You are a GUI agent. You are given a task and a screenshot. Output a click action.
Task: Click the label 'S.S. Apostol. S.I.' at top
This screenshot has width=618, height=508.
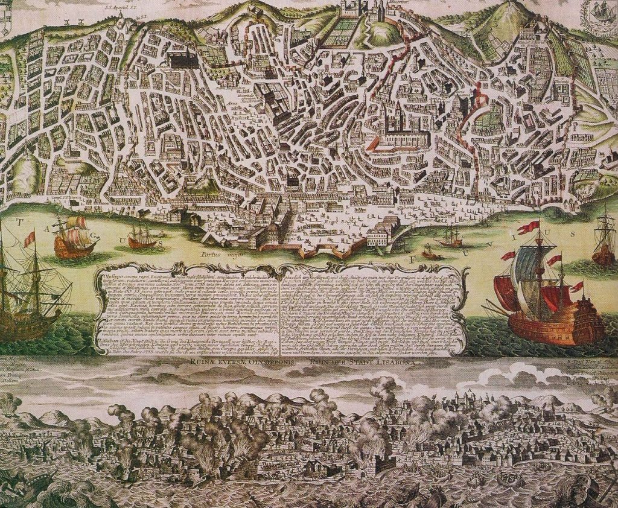point(118,8)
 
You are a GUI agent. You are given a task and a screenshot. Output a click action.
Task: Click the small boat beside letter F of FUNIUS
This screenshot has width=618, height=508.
point(430,254)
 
